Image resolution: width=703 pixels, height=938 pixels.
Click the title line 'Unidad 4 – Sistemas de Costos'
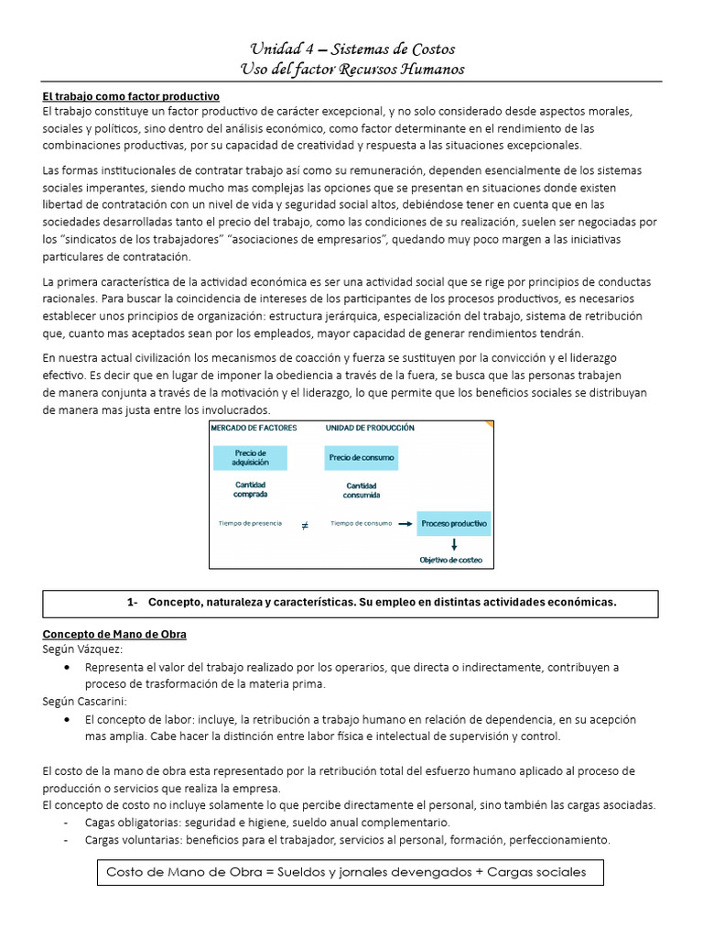(352, 49)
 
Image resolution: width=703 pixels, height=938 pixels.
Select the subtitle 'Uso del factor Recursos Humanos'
(352, 70)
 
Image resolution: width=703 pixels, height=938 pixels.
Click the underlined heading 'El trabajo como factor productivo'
(131, 96)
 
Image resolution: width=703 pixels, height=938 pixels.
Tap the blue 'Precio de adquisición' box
(250, 457)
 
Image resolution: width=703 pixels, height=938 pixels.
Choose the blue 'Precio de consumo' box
(362, 457)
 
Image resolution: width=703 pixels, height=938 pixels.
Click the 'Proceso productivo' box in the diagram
(454, 524)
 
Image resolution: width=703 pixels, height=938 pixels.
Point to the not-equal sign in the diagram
(305, 526)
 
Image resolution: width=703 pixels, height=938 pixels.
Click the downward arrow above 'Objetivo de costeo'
(454, 544)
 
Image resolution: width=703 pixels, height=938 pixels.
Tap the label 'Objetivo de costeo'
(450, 560)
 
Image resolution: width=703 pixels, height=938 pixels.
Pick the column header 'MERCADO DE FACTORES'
(254, 428)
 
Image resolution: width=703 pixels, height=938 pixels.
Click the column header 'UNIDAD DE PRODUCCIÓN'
(370, 428)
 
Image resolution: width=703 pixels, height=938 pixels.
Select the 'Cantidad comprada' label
(251, 489)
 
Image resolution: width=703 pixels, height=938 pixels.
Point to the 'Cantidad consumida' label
(362, 491)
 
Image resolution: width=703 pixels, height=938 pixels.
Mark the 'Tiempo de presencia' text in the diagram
(251, 524)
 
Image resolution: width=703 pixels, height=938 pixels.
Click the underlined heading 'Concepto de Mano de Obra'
(114, 634)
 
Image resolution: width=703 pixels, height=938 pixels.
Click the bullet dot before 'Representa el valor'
(70, 668)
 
